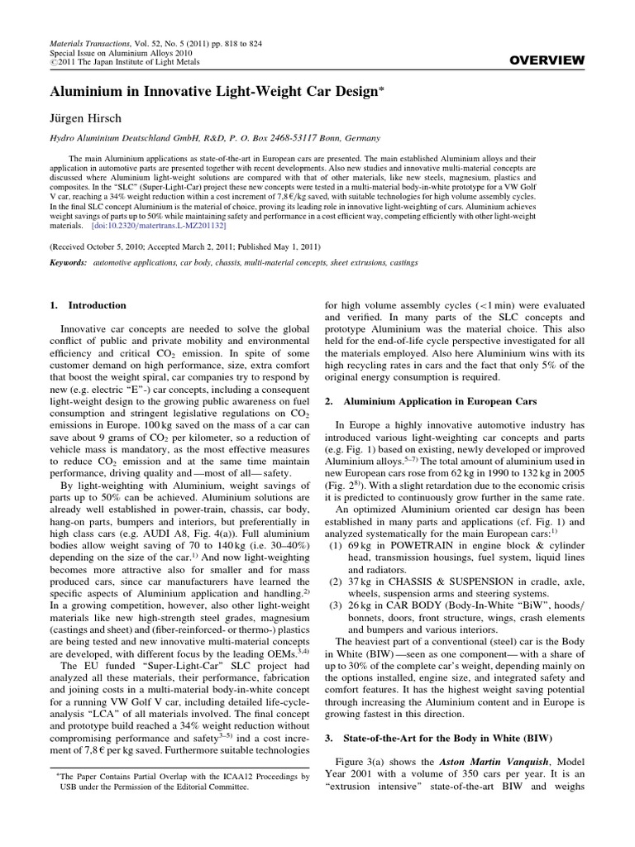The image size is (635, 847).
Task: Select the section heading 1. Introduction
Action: point(88,305)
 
